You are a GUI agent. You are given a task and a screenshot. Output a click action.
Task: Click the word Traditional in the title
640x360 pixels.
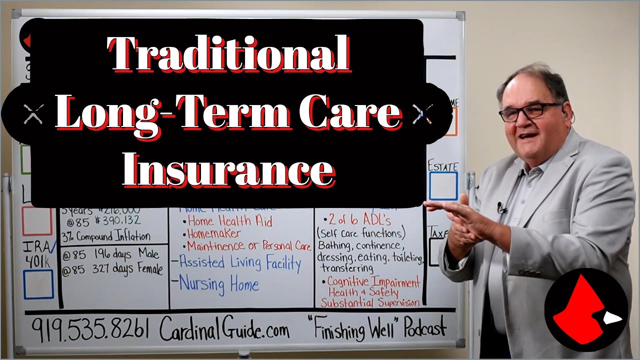click(229, 54)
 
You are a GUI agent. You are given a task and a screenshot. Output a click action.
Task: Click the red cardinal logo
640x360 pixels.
click(585, 309)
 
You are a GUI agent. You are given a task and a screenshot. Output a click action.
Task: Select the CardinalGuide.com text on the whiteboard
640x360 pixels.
click(224, 330)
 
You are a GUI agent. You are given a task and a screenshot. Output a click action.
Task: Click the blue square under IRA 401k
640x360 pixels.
click(38, 284)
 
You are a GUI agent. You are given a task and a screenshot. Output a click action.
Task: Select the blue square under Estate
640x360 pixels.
click(443, 186)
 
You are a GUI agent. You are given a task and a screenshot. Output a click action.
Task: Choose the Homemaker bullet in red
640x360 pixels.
click(213, 233)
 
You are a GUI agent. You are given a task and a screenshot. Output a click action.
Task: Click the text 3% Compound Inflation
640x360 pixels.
click(106, 236)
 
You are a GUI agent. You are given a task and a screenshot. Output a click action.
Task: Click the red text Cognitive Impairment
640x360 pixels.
click(373, 282)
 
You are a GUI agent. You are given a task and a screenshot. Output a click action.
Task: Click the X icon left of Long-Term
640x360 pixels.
click(33, 113)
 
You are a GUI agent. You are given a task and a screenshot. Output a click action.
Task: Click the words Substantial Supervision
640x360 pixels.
click(370, 302)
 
